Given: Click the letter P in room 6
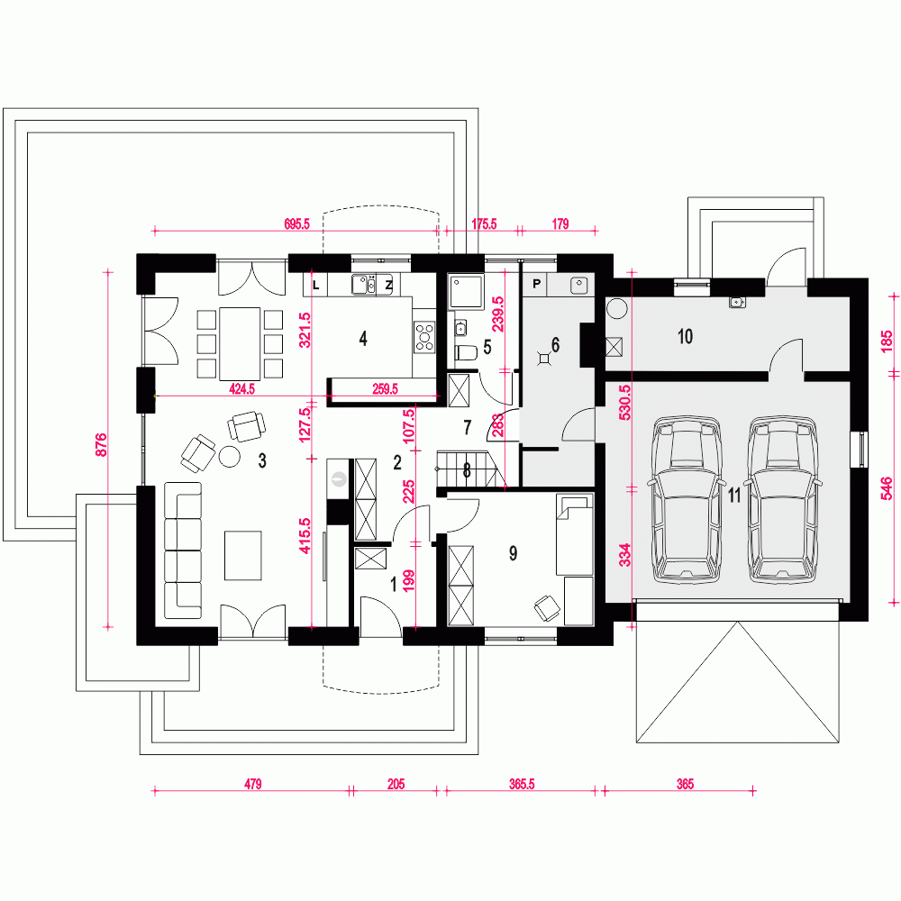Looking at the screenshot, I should [538, 285].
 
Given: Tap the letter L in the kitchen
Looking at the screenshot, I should [315, 285].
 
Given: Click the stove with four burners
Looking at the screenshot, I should [423, 337].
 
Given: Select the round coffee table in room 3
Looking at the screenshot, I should [230, 457].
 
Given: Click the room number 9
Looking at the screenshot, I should [513, 553].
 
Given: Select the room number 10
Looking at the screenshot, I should [685, 337].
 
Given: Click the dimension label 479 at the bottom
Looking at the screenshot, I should [252, 785].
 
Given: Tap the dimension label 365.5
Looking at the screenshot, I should [521, 785].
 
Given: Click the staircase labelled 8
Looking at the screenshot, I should [466, 469].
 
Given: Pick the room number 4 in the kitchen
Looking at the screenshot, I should [363, 339].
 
